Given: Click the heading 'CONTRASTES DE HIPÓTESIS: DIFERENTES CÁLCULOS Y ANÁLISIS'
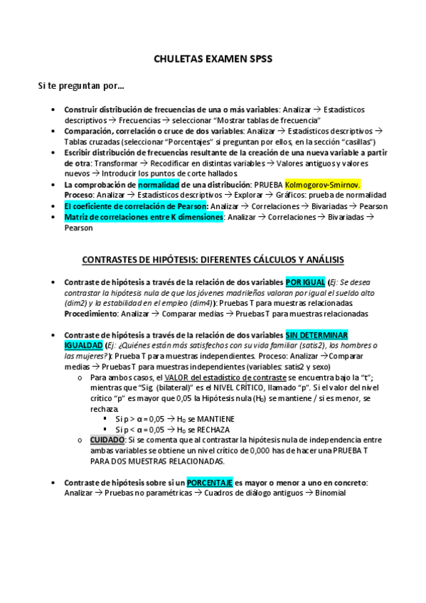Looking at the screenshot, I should [213, 259].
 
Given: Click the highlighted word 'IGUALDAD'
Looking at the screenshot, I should [83, 345].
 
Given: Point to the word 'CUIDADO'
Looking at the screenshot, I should [107, 440].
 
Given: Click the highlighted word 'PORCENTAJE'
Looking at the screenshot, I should [209, 483].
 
